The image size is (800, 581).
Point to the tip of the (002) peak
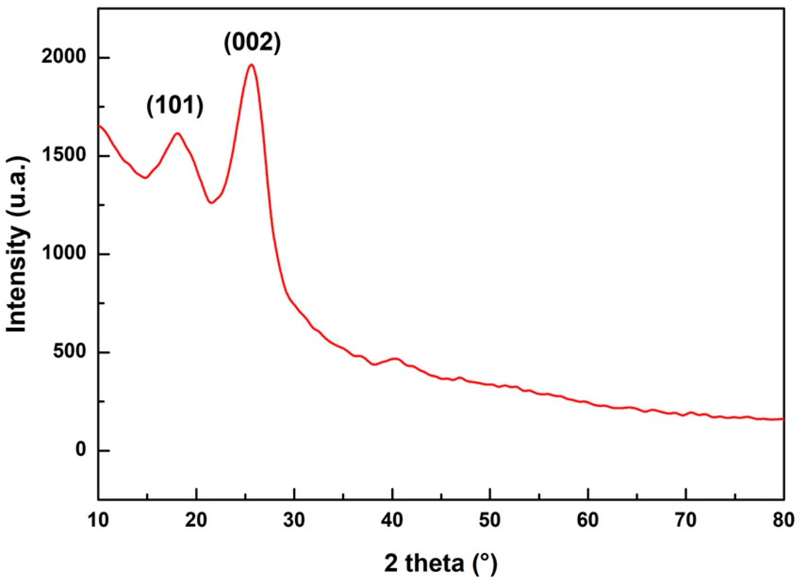click(251, 65)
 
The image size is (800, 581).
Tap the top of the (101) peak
click(178, 133)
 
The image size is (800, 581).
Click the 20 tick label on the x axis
click(197, 521)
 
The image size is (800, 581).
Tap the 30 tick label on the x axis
click(294, 521)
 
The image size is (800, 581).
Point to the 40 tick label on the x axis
click(392, 521)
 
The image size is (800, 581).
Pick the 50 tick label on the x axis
click(490, 521)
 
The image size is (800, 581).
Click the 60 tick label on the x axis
click(588, 521)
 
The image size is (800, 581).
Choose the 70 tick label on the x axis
click(686, 521)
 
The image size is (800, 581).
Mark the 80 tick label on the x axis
click(784, 521)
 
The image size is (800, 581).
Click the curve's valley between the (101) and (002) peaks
click(211, 203)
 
